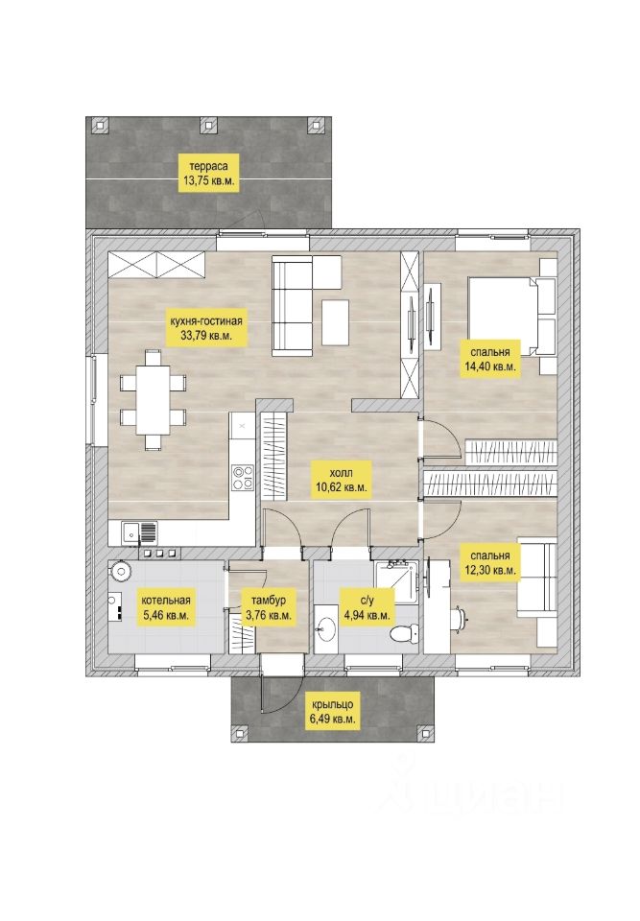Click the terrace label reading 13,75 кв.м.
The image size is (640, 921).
point(208,173)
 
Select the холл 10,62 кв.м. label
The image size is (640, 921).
point(342,479)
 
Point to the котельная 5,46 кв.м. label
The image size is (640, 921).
point(166,608)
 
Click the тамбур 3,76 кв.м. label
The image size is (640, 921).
point(269,608)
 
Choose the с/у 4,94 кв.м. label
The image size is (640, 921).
point(367,608)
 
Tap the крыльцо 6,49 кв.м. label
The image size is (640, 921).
point(332,712)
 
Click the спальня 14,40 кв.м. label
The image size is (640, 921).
point(489,359)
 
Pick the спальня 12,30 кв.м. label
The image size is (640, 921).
point(489,563)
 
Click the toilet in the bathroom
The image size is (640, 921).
point(405,635)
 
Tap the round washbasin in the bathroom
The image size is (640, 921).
point(324,630)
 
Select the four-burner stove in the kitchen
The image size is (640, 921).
point(242,477)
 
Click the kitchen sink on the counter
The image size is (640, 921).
point(140,532)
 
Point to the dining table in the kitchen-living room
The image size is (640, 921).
point(153,399)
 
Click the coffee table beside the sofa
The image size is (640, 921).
point(336,322)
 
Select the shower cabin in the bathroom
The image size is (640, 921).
point(396,582)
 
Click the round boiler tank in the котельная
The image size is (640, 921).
point(122,572)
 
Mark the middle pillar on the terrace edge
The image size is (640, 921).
point(208,124)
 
